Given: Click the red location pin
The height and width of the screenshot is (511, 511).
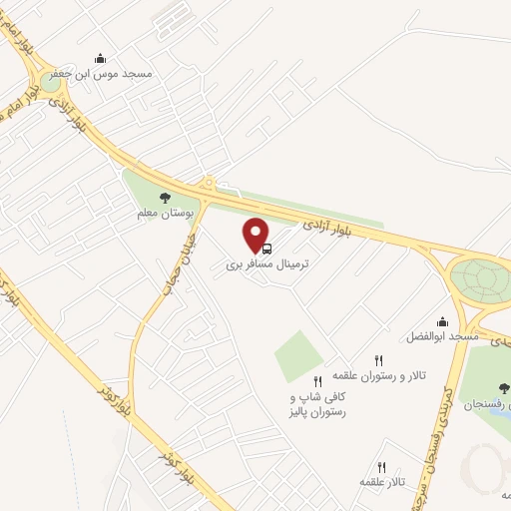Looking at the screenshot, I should point(257,234).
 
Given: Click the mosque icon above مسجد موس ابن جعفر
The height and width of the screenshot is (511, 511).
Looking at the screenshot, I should point(99,59).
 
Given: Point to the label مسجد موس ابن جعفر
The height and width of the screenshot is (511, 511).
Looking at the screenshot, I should point(116,75).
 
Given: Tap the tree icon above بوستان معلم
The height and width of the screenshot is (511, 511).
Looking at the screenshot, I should point(166,198).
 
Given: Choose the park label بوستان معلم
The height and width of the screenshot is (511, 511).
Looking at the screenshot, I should point(165,214).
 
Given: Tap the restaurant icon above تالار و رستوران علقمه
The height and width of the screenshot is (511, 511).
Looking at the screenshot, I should point(377,359).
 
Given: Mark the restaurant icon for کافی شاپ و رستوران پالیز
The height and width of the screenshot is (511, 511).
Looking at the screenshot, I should point(317,380).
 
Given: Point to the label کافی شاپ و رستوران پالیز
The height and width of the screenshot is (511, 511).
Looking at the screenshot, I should point(316,403).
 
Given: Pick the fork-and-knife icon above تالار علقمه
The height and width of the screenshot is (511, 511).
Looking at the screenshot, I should point(381,466).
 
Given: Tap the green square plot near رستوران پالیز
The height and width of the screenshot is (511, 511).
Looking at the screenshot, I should point(299,355).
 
